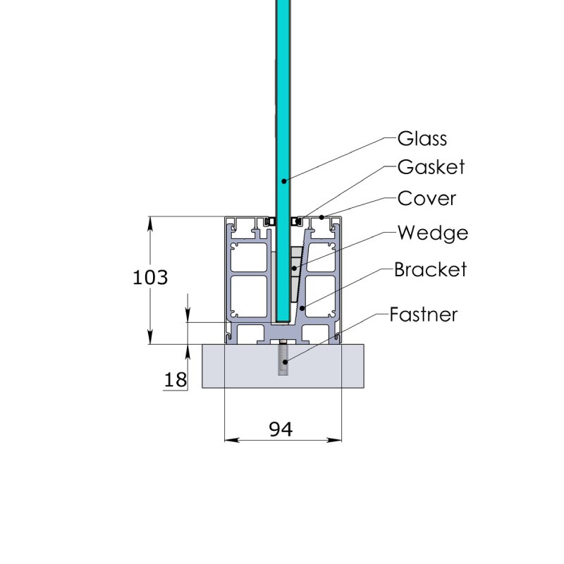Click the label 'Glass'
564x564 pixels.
tap(422, 137)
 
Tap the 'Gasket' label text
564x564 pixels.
tap(431, 167)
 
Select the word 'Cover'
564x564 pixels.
tap(427, 198)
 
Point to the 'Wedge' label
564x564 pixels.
tap(432, 232)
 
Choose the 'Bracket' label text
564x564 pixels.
tap(430, 269)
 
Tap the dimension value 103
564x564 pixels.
tap(150, 277)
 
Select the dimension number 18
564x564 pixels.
tap(175, 380)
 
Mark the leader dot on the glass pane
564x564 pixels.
tap(283, 180)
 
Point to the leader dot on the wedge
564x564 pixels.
tap(294, 269)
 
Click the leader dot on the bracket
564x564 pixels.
tap(302, 307)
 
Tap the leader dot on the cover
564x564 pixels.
tap(323, 217)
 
